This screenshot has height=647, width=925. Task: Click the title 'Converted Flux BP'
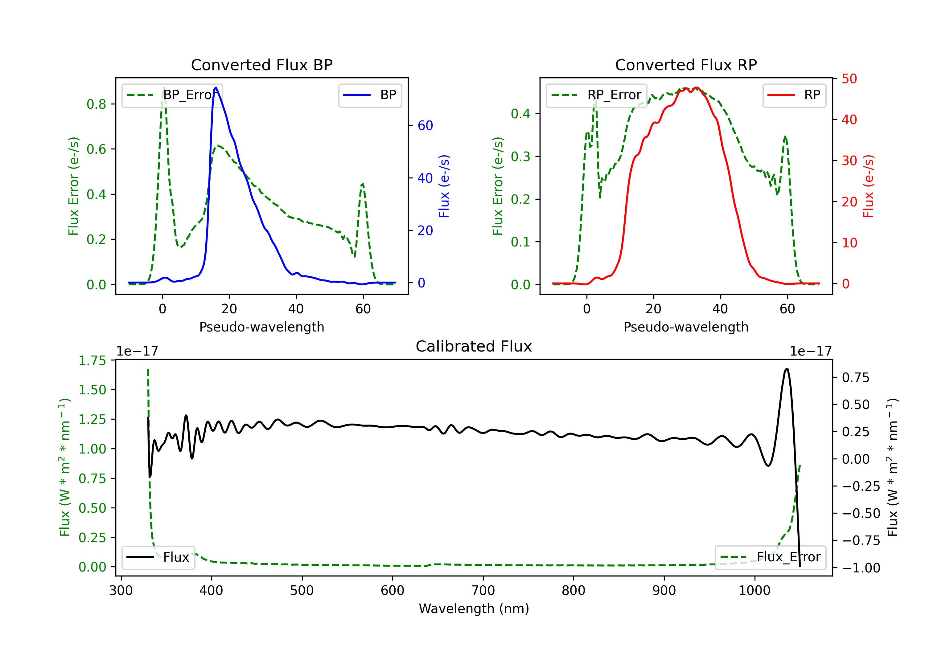[x=261, y=65]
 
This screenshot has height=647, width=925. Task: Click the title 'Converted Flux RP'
[x=686, y=65]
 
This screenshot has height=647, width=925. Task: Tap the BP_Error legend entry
[x=172, y=95]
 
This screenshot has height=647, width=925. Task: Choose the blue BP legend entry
[x=370, y=95]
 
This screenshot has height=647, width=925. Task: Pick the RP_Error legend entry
[x=596, y=95]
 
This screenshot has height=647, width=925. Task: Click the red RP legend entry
[x=794, y=95]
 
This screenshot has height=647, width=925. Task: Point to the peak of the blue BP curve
[x=216, y=87]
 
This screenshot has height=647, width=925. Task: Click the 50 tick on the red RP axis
[x=849, y=79]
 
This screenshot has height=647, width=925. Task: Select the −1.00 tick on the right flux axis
[x=861, y=568]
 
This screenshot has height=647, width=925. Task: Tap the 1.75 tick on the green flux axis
[x=92, y=360]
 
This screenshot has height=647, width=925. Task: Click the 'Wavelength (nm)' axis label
[x=474, y=608]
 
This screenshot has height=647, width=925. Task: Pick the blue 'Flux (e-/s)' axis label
[x=444, y=186]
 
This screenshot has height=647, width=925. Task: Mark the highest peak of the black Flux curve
[x=787, y=369]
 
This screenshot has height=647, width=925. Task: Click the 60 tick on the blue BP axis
[x=425, y=126]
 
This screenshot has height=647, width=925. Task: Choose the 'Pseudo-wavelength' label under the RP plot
[x=686, y=327]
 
